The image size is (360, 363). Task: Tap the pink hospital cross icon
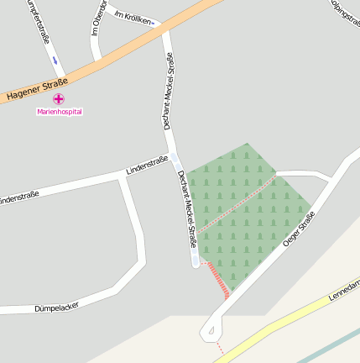[59, 99]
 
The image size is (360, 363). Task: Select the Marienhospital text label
[60, 111]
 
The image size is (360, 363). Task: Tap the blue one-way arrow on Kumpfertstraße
[55, 60]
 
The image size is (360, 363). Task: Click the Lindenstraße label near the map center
[147, 165]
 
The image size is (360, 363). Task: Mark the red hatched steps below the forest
[218, 280]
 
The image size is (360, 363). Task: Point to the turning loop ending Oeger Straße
[211, 331]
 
